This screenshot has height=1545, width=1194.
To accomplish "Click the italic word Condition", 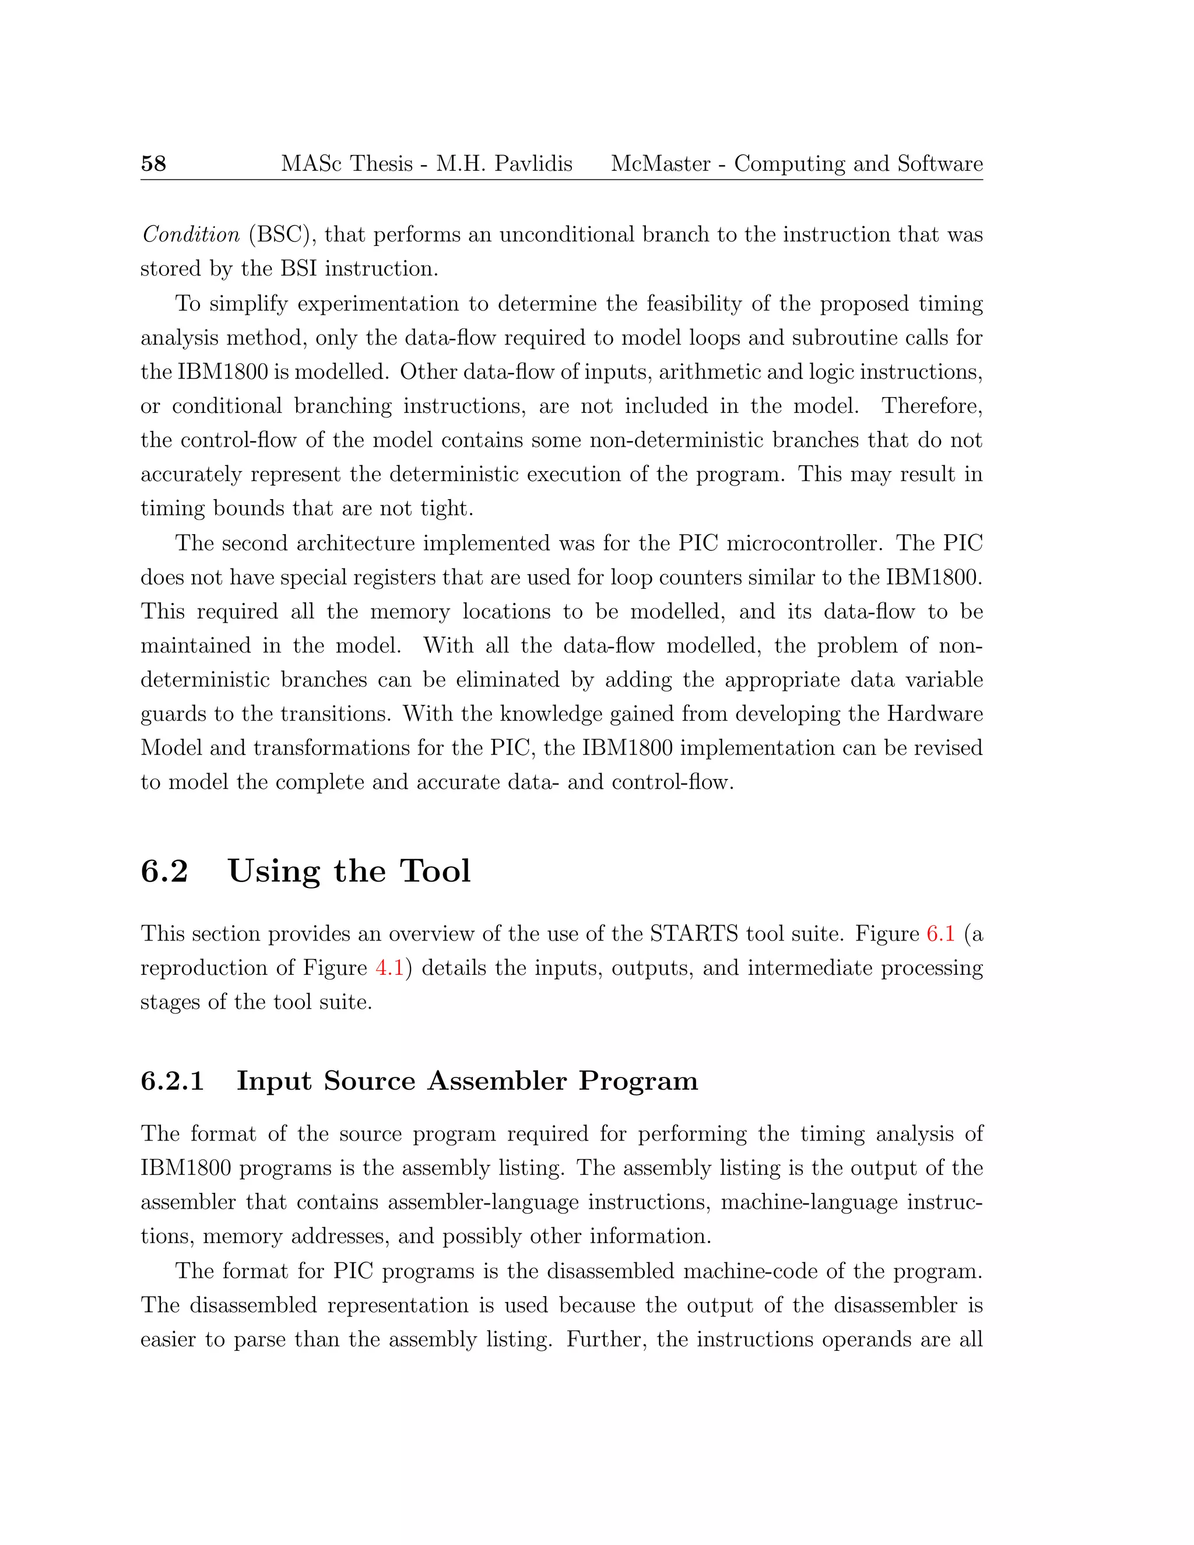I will pyautogui.click(x=191, y=234).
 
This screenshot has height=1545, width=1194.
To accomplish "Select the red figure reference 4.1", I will pyautogui.click(x=389, y=968).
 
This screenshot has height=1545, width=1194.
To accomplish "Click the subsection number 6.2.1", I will pyautogui.click(x=172, y=1081).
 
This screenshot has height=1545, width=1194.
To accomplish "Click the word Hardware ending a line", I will pyautogui.click(x=935, y=714).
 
